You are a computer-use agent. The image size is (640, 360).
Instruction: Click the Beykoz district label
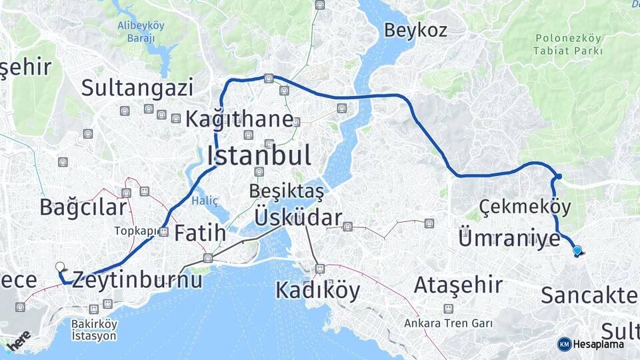(x=415, y=30)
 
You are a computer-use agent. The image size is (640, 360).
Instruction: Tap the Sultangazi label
(x=137, y=87)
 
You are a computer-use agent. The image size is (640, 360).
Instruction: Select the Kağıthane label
(x=239, y=120)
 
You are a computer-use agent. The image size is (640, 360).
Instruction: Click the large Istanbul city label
(x=259, y=156)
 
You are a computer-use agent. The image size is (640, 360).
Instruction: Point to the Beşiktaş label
(x=286, y=191)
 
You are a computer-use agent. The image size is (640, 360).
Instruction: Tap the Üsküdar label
(x=298, y=217)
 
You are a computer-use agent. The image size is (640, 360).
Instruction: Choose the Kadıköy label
(x=317, y=291)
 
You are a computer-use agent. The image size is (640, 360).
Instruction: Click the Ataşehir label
(x=458, y=285)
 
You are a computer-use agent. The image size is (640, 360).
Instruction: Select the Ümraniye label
(x=509, y=238)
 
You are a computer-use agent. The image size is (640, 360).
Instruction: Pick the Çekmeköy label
(x=525, y=206)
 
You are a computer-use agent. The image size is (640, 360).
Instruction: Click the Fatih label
(x=200, y=234)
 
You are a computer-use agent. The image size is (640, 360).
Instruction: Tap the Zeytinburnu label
(x=137, y=279)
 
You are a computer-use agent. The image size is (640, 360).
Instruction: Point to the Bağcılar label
(x=83, y=207)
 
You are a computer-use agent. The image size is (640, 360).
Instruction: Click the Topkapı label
(x=137, y=231)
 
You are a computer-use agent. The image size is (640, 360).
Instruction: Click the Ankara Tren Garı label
(x=448, y=323)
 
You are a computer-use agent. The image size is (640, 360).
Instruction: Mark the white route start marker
(x=60, y=267)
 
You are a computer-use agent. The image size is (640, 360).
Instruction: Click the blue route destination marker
(x=577, y=251)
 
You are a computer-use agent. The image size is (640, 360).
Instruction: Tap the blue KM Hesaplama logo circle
(x=564, y=344)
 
